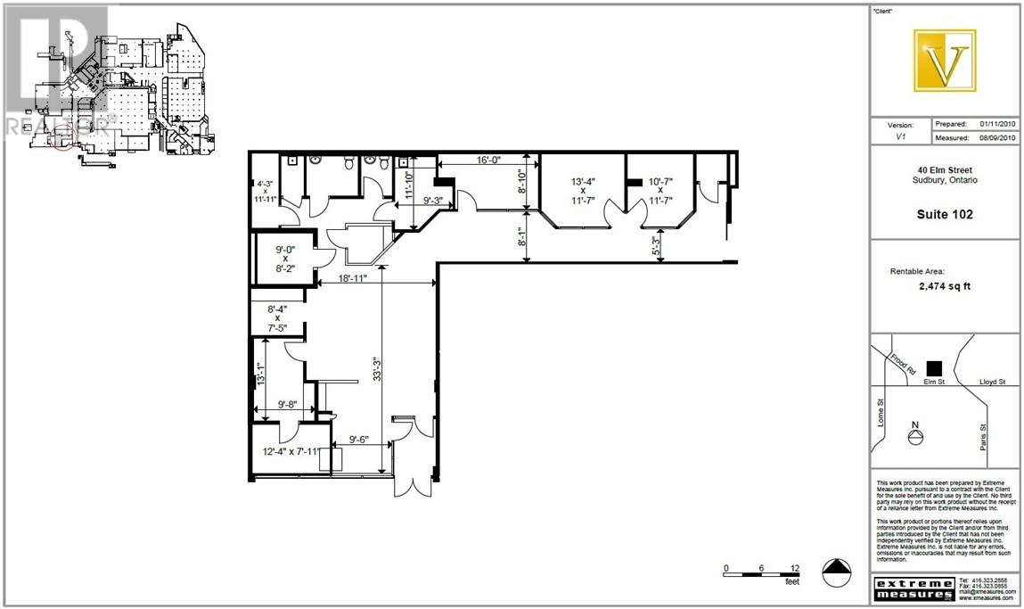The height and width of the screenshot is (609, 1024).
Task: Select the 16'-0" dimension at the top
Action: [487, 160]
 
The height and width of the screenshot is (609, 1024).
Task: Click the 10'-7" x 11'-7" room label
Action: [660, 191]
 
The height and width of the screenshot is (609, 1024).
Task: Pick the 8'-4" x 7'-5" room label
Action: [277, 317]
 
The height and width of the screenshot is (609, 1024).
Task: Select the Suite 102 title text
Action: [945, 214]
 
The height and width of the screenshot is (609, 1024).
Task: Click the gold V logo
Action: [945, 61]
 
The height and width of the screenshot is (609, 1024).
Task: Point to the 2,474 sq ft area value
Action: [944, 288]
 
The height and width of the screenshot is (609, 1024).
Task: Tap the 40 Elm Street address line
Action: [945, 170]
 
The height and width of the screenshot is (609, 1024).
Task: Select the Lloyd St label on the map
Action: [992, 382]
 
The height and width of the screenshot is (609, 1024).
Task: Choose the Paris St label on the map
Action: [983, 438]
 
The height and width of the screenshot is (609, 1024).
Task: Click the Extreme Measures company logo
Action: [913, 588]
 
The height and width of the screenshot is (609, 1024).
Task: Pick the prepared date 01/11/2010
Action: [997, 124]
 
